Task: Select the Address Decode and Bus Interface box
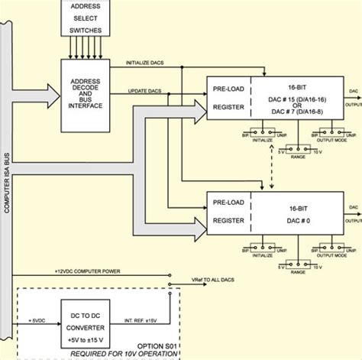tap(85, 94)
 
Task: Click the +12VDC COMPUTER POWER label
tap(88, 271)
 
